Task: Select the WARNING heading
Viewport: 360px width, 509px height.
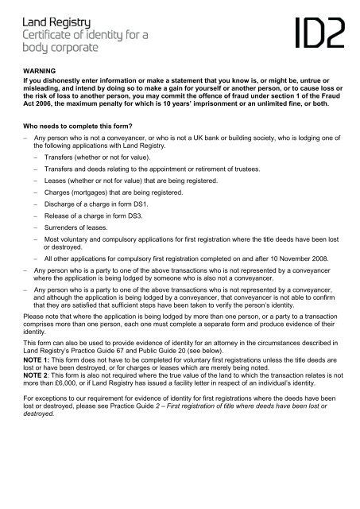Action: (41, 71)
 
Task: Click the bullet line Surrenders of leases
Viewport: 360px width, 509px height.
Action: (83, 226)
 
